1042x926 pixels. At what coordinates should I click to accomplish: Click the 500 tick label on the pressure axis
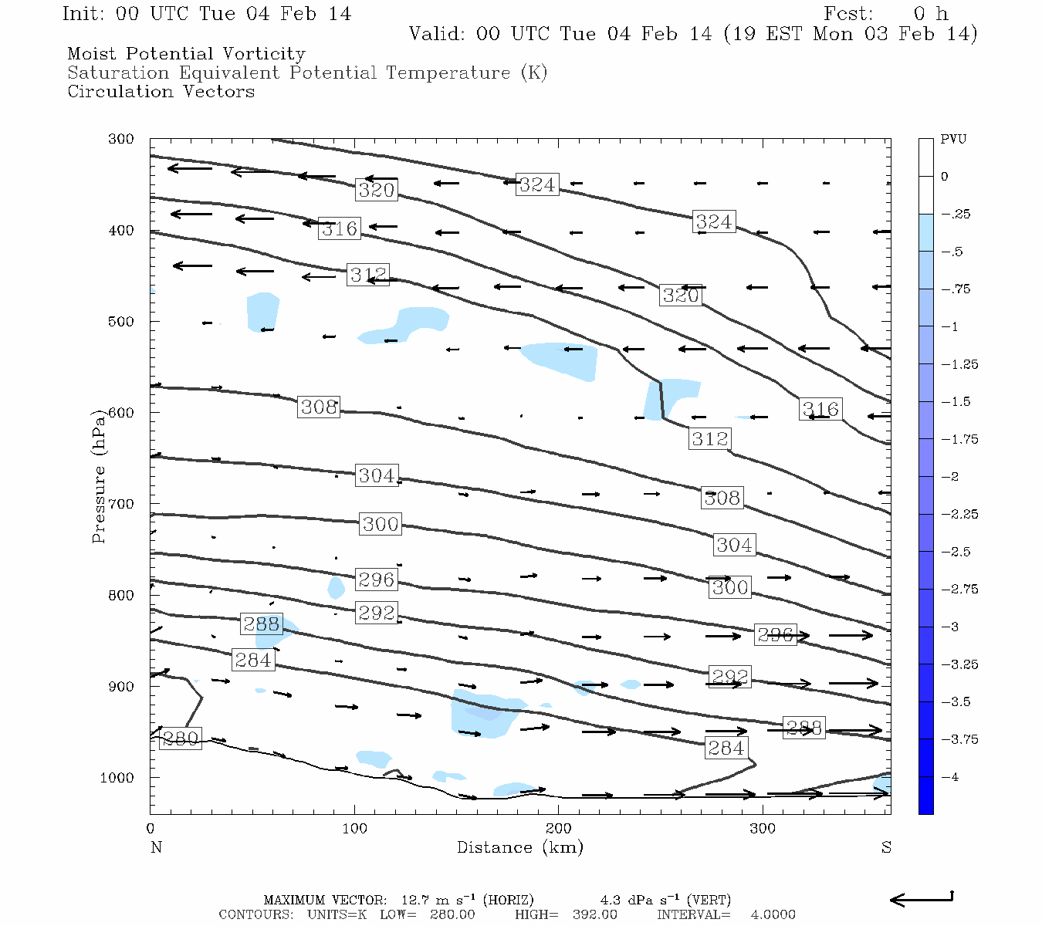[120, 322]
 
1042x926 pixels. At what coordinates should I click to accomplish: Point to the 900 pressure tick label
[120, 687]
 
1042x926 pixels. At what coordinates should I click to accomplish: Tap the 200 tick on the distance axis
[559, 829]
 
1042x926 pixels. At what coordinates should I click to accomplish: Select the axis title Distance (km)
[519, 847]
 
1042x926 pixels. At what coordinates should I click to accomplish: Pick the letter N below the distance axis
[156, 847]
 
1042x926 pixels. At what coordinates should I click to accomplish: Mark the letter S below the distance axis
[886, 847]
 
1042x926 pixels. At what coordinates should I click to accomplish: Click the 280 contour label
[181, 738]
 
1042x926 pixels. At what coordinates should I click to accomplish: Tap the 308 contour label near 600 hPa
[319, 407]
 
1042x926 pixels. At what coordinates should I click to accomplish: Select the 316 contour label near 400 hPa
[340, 228]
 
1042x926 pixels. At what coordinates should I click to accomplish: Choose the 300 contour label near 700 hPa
[381, 525]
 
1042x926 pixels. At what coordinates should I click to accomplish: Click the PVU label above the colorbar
[953, 140]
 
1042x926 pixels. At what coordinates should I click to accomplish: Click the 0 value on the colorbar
[944, 177]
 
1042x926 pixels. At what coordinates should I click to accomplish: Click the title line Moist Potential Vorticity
[186, 54]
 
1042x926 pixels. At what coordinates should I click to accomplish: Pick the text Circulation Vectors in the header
[161, 92]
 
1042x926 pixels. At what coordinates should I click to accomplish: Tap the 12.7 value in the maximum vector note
[414, 901]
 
